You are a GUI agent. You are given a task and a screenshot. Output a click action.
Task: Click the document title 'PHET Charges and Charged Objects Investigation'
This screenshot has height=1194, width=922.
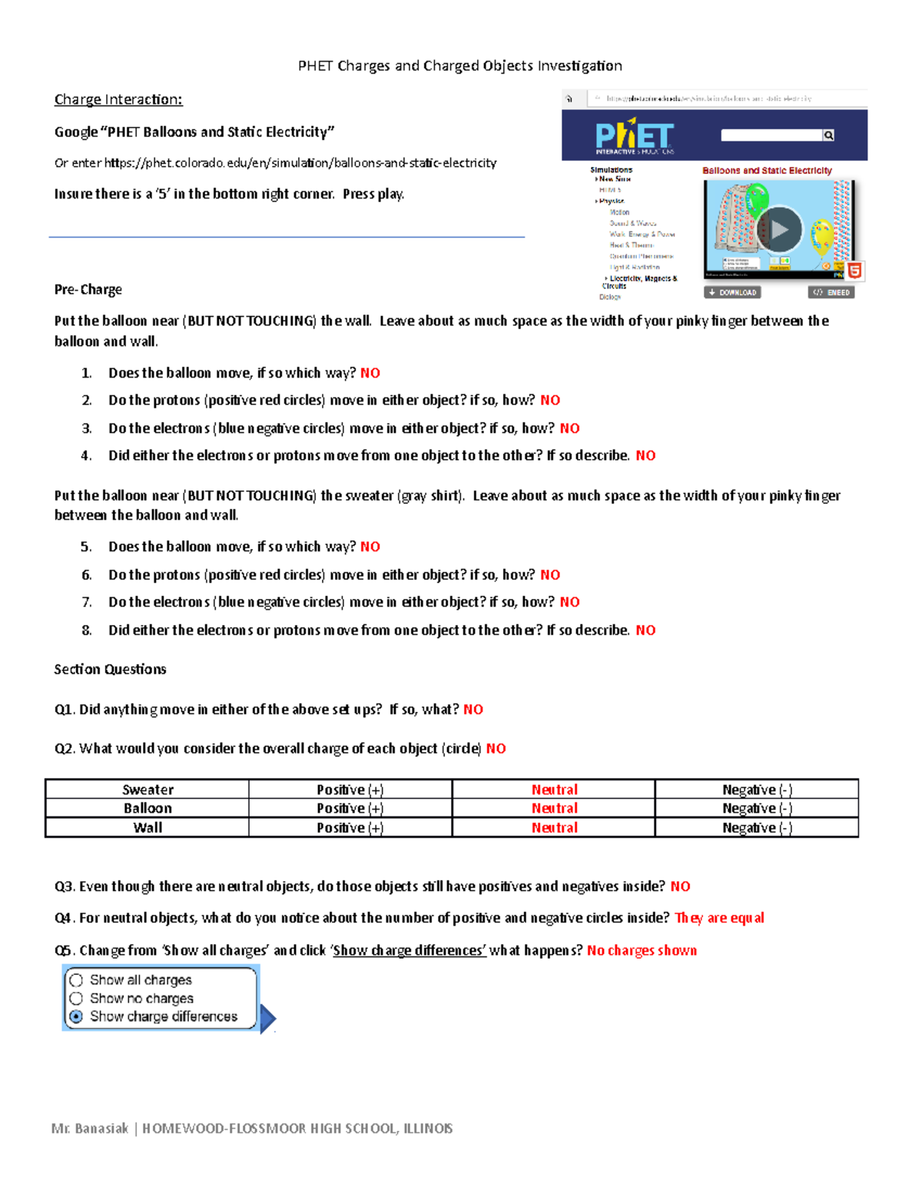(459, 66)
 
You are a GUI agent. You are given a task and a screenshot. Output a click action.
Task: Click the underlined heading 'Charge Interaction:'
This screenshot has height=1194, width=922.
(118, 99)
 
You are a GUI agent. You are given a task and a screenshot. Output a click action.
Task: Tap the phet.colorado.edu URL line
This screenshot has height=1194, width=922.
(275, 163)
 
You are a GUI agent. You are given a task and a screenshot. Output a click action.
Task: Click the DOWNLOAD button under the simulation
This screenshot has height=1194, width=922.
(732, 292)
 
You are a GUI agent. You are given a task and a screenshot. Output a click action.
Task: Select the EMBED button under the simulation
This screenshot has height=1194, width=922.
(831, 292)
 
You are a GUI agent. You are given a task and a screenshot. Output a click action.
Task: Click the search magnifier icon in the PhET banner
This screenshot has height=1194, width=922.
(828, 135)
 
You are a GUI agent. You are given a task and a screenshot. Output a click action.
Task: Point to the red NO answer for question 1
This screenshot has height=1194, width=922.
(370, 373)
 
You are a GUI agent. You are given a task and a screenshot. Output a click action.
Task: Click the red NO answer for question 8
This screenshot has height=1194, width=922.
(645, 630)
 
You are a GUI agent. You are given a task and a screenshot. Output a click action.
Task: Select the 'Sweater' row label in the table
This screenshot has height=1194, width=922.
(148, 790)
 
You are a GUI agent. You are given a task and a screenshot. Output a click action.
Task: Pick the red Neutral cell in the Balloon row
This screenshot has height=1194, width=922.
(554, 809)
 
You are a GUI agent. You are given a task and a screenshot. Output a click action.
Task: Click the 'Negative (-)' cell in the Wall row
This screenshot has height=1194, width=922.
(757, 828)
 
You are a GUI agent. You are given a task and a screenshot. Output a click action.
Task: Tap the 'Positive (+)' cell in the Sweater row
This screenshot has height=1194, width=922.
(350, 790)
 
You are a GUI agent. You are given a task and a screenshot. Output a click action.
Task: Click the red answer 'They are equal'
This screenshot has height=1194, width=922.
(719, 918)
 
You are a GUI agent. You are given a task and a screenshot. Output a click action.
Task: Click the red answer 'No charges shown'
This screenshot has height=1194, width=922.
(642, 950)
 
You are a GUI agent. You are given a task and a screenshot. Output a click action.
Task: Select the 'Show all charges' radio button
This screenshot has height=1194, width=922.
(76, 980)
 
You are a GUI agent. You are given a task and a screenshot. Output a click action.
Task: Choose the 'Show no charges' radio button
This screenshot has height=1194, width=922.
(76, 999)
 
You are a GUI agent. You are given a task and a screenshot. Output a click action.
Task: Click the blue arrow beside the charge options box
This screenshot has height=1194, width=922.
(267, 1019)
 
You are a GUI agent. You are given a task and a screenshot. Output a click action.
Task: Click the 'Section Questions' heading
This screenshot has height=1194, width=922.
(110, 670)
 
